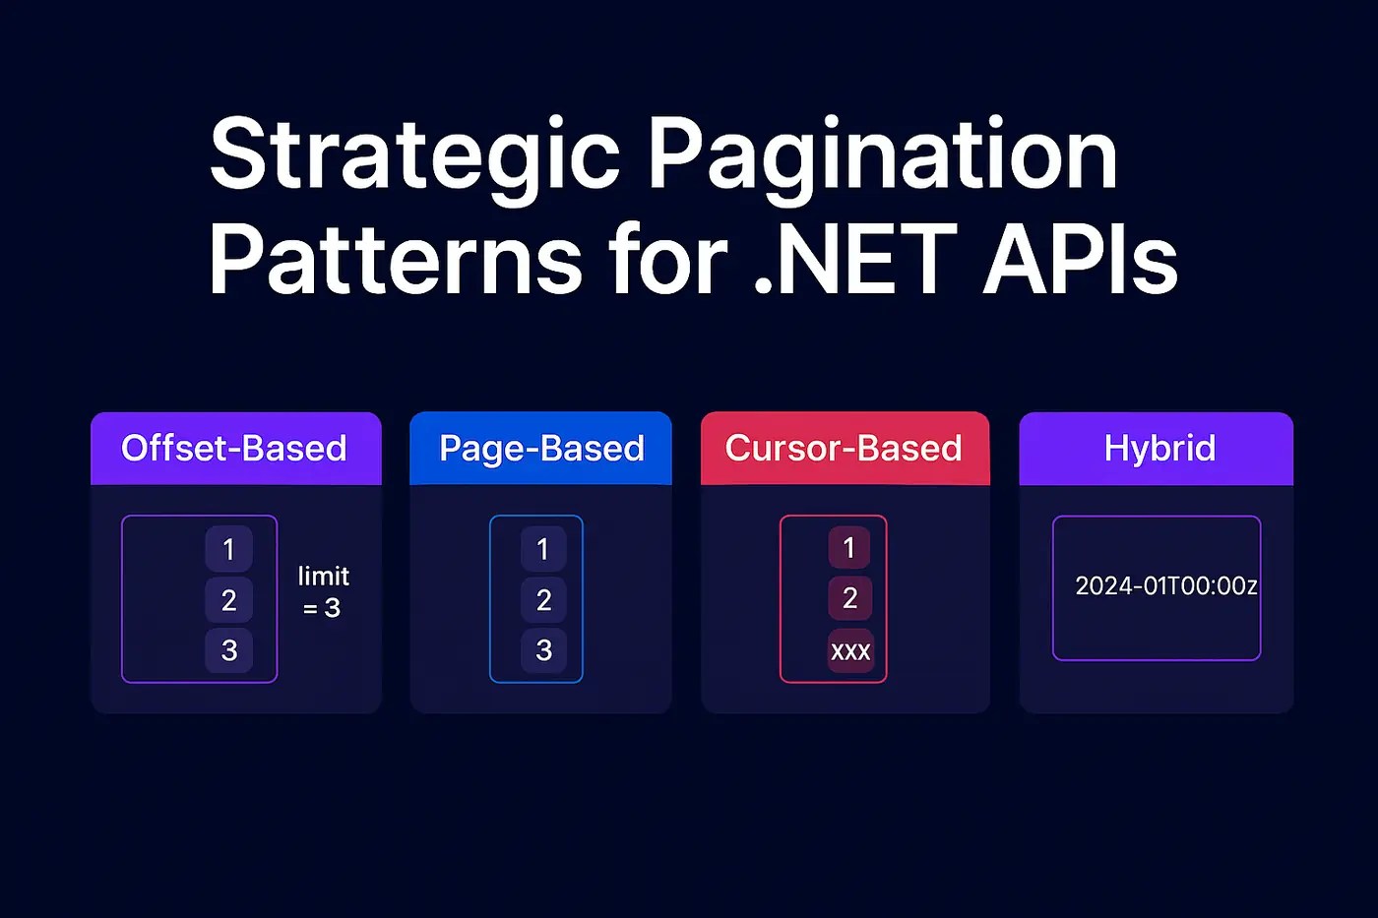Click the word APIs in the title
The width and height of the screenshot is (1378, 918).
coord(1080,261)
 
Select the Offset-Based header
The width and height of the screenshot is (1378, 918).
coord(234,449)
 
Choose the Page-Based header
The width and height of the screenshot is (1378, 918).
coord(541,449)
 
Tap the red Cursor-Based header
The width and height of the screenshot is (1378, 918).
coord(844,449)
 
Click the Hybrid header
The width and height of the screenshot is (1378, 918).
coord(1159,449)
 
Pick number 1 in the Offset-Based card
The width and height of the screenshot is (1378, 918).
coord(228,549)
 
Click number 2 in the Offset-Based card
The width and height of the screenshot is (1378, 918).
coord(228,600)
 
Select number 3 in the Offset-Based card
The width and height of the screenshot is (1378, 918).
coord(228,650)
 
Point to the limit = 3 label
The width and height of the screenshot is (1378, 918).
coord(323,591)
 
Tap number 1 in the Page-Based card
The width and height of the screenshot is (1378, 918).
coord(542,549)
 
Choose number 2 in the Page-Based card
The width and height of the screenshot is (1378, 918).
coord(542,600)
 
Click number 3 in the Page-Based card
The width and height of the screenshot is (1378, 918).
coord(542,650)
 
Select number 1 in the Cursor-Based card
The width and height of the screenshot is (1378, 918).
coord(849,548)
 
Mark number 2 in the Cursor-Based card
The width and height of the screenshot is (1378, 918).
coord(849,598)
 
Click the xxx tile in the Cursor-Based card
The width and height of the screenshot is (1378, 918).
coord(850,651)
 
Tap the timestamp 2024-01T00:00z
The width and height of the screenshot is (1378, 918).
coord(1165,586)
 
